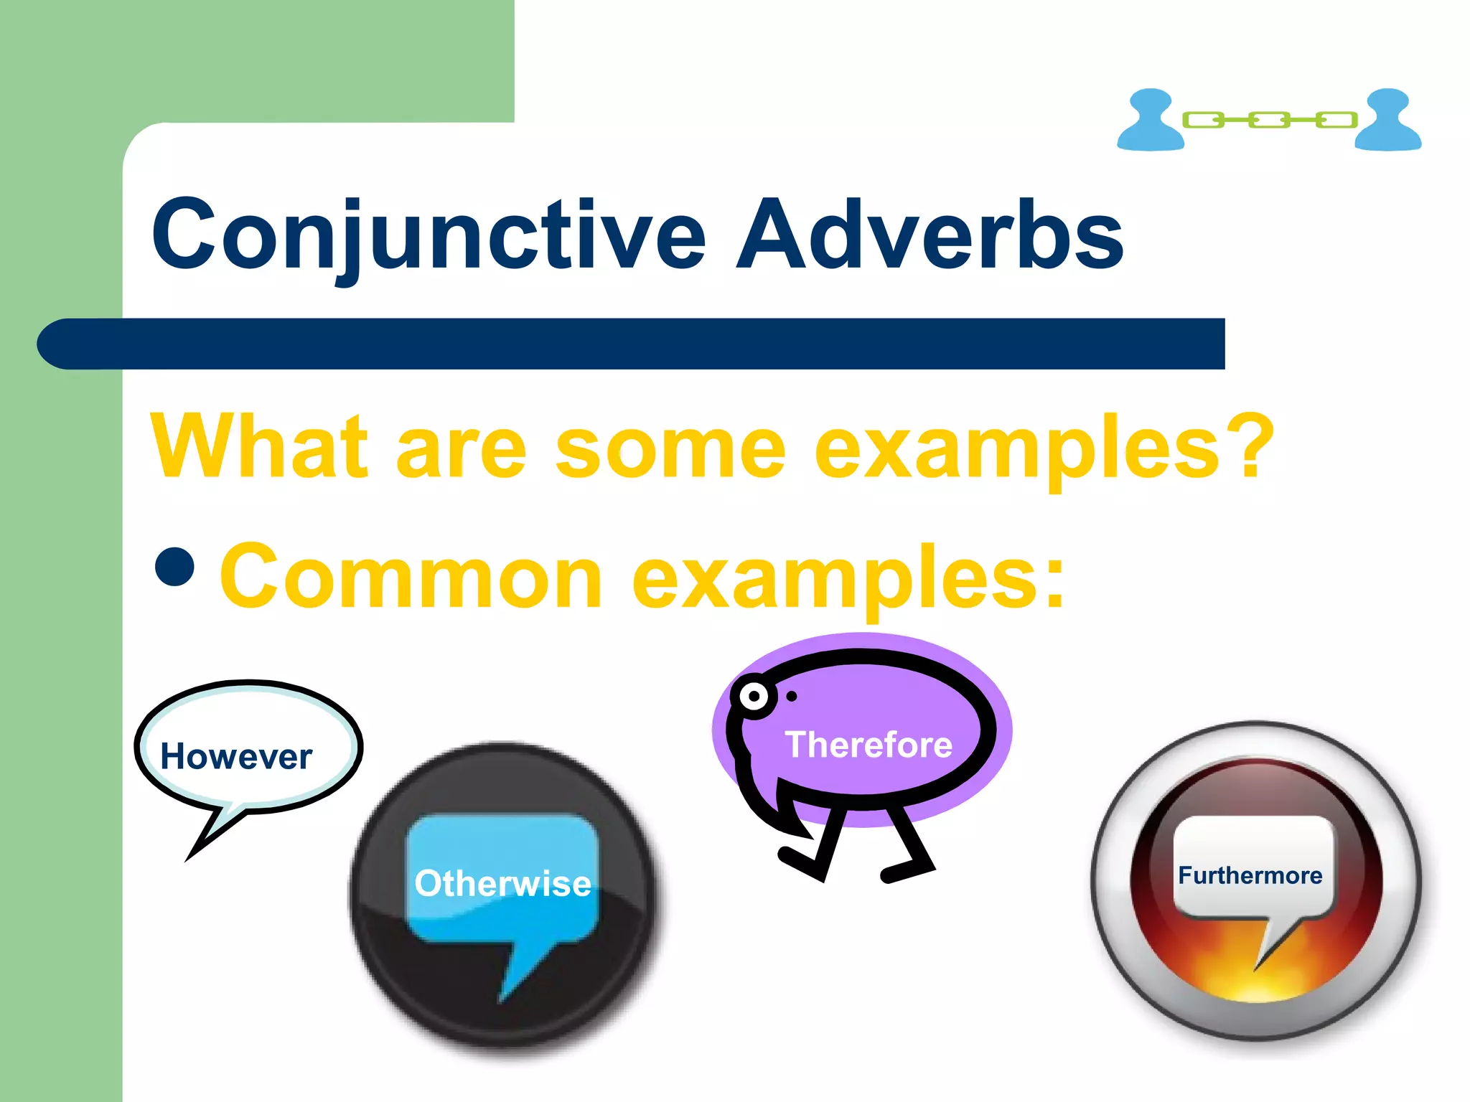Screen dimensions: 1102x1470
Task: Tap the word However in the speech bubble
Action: pyautogui.click(x=236, y=757)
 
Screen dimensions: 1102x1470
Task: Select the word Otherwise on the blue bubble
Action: pyautogui.click(x=502, y=883)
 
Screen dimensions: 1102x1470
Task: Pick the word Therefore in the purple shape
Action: pyautogui.click(x=869, y=745)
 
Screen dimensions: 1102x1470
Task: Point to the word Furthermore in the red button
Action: pyautogui.click(x=1250, y=875)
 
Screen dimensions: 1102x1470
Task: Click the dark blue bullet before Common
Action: pyautogui.click(x=174, y=567)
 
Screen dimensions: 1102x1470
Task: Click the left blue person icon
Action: pyautogui.click(x=1150, y=121)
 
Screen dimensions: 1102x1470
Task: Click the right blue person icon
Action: pyautogui.click(x=1387, y=121)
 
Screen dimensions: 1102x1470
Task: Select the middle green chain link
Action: pyautogui.click(x=1269, y=120)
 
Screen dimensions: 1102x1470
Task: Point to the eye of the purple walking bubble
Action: pyautogui.click(x=754, y=696)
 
